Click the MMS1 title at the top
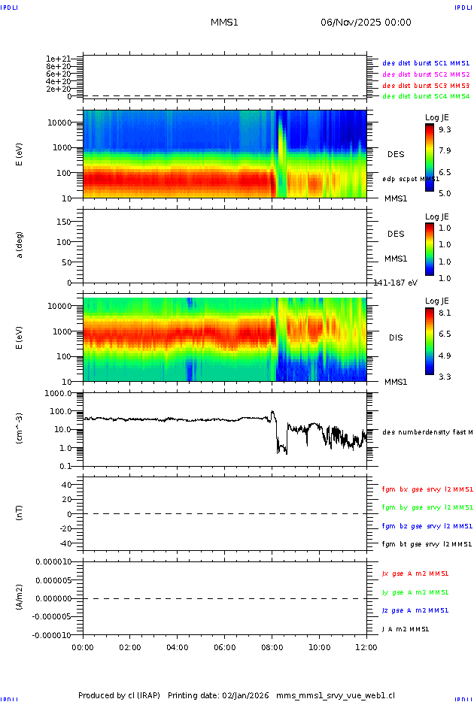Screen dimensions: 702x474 coord(224,23)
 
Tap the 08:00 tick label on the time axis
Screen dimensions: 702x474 coord(272,646)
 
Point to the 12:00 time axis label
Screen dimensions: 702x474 coord(366,646)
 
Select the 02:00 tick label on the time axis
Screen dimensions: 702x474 coord(130,646)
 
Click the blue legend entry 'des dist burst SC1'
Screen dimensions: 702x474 coord(426,64)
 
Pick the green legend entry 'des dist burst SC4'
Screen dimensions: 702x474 coord(426,96)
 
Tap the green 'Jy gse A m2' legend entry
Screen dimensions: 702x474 coord(415,592)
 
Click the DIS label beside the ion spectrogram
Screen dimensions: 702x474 coord(396,337)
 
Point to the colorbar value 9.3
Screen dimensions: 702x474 coord(445,129)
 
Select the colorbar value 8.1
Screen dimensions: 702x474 coord(445,312)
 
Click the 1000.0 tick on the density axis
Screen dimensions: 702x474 coord(57,393)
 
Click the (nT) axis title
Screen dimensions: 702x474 coord(20,514)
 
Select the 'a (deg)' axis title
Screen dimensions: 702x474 coord(20,245)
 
